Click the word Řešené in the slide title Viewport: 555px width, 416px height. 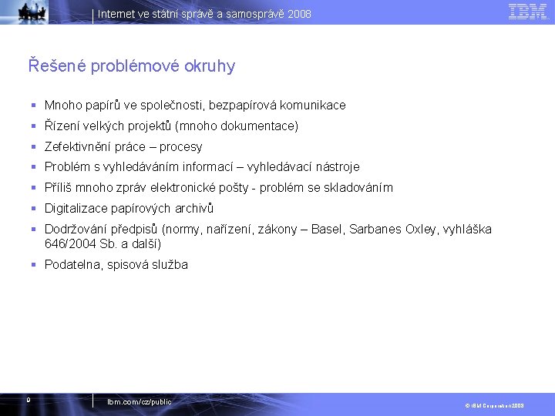pos(56,66)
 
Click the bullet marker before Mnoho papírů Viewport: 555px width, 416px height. pos(34,105)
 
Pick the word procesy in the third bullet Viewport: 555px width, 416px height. pos(180,146)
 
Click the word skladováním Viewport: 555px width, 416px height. pos(357,188)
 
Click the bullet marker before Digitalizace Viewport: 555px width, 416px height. pos(34,209)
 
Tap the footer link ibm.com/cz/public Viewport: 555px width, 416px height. pos(140,402)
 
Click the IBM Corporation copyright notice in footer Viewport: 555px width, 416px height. pos(493,404)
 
